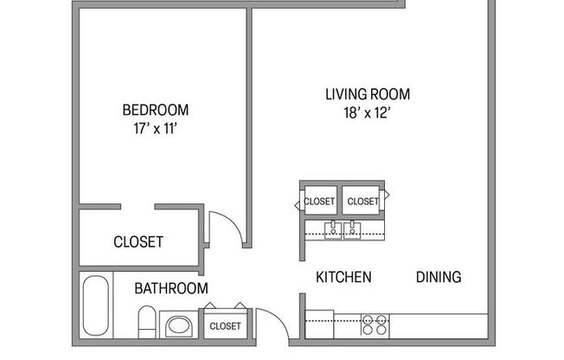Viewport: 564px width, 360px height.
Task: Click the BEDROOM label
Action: pos(156,110)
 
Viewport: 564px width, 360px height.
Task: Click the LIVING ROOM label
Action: pos(367,93)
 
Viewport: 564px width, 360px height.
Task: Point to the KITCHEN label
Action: pos(343,277)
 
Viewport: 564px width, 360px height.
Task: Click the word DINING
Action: pos(439,277)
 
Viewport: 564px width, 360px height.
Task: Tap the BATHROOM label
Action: pos(170,288)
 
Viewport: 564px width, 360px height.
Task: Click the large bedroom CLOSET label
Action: pos(138,242)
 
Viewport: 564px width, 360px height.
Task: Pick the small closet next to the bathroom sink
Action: pos(225,325)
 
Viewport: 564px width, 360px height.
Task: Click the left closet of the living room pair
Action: pos(319,201)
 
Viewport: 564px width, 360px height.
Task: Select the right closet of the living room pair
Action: pos(362,201)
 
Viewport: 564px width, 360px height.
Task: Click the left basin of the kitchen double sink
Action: pos(332,229)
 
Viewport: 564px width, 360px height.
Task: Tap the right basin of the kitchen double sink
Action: pos(352,229)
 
